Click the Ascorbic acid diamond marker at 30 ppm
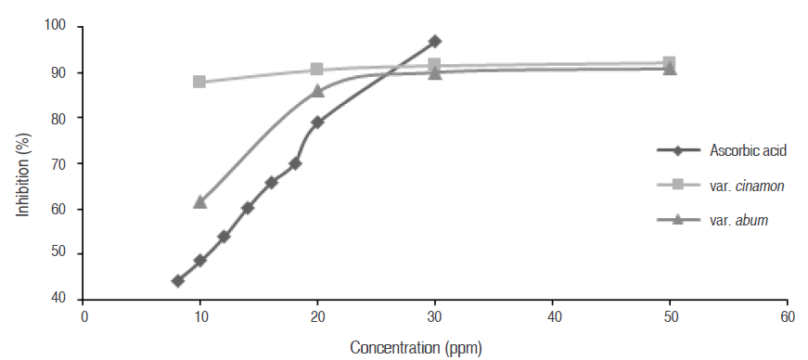click(435, 42)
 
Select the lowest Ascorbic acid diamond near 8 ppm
click(177, 280)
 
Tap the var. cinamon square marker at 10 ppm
click(199, 82)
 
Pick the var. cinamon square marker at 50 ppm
click(670, 63)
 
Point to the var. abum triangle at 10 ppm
click(199, 201)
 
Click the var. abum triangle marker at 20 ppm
click(317, 91)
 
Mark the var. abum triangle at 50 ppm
click(670, 69)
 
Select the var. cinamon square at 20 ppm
click(317, 70)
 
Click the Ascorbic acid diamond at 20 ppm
click(317, 122)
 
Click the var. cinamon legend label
click(747, 186)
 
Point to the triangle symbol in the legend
click(678, 220)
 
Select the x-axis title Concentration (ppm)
click(416, 348)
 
